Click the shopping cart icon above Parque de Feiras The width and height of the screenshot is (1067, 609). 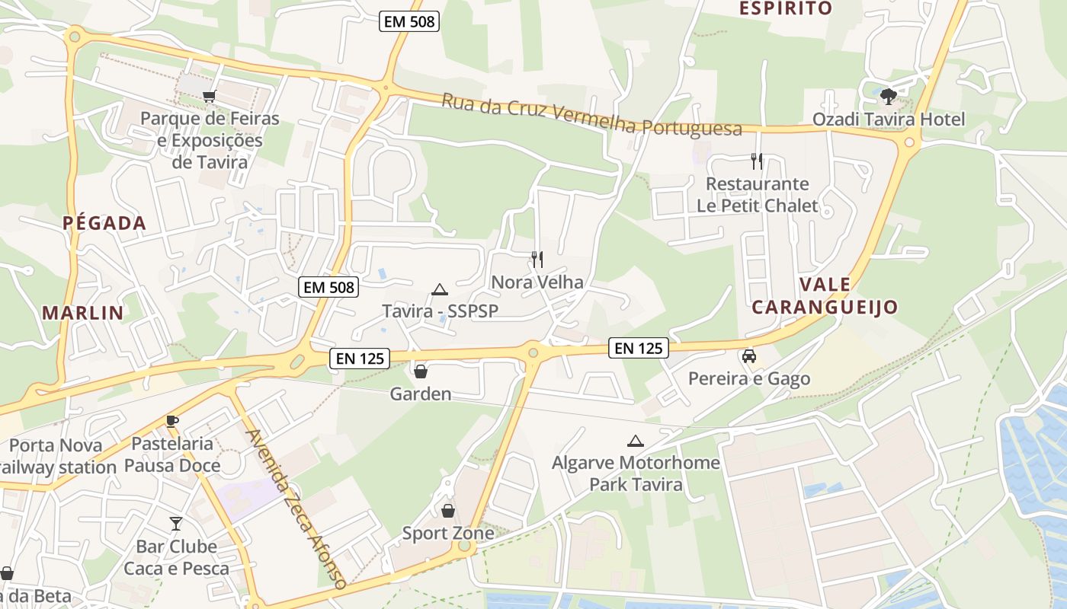click(x=209, y=96)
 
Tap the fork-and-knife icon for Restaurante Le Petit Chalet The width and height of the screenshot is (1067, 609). click(x=756, y=161)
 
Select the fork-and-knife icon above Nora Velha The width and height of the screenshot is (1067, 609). click(x=537, y=259)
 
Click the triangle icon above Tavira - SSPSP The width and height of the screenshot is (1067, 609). click(x=439, y=289)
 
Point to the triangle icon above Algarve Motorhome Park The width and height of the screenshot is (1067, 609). click(x=635, y=441)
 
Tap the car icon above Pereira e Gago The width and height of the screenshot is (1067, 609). click(x=749, y=356)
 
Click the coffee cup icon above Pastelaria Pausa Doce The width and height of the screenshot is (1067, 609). click(x=172, y=421)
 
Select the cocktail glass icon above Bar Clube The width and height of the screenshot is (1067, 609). click(x=176, y=523)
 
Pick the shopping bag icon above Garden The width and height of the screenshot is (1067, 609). click(x=420, y=371)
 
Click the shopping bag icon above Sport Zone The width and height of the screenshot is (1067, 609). click(x=448, y=510)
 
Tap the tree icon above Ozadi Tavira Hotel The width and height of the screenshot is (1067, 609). click(x=888, y=97)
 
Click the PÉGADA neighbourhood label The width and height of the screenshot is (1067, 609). click(x=104, y=223)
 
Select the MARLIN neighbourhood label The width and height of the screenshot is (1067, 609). click(x=83, y=312)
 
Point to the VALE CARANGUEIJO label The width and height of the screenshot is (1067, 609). click(x=825, y=296)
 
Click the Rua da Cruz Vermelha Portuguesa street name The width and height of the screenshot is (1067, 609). click(x=591, y=115)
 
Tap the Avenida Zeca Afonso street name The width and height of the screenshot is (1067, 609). click(x=296, y=509)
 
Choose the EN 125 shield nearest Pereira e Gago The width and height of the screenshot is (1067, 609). click(x=639, y=349)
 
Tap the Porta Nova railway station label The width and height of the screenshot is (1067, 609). click(x=57, y=456)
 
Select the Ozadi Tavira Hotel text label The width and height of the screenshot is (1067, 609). click(x=889, y=120)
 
